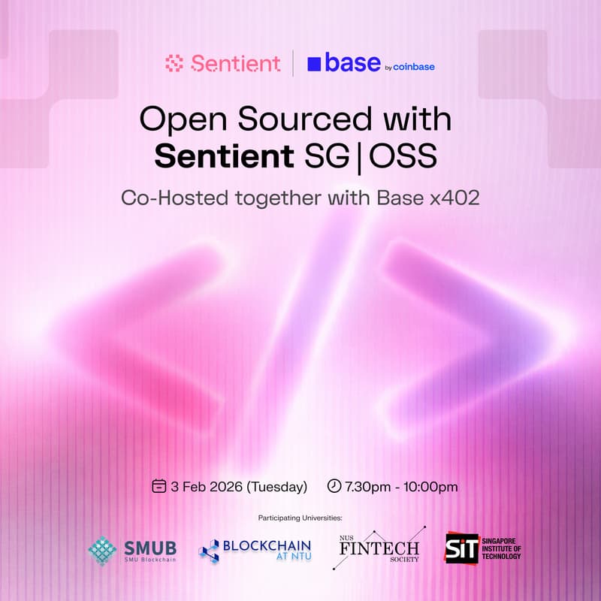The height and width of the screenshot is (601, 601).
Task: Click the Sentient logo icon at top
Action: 174,64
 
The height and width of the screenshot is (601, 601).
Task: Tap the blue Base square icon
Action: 314,64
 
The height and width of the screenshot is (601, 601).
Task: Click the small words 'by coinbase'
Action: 409,67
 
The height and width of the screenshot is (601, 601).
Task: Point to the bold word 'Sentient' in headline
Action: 223,157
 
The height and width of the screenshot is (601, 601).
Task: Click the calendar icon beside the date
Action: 159,486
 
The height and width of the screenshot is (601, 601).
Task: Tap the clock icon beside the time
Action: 334,486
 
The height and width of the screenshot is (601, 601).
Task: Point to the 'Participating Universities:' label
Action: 300,518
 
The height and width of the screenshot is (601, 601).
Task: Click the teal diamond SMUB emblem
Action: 102,551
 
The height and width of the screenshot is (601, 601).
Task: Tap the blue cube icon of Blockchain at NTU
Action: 209,551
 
